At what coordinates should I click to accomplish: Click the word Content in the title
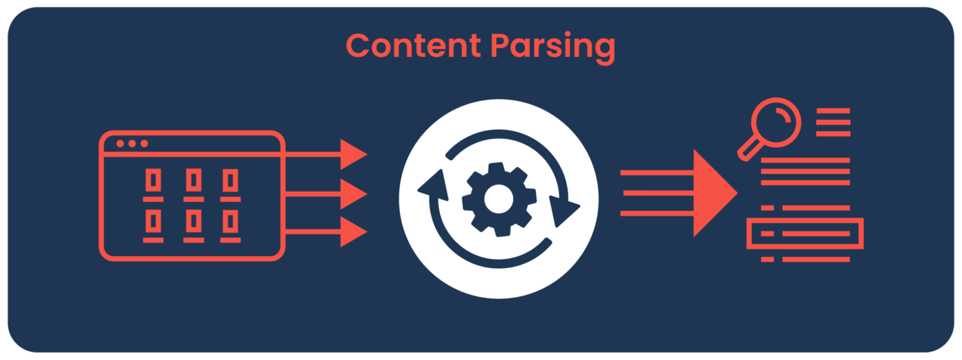click(413, 46)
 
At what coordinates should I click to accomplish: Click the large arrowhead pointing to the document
click(714, 193)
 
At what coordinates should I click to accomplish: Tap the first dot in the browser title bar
click(120, 144)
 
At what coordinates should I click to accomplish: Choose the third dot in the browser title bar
click(144, 144)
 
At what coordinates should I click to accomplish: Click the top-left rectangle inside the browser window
click(153, 181)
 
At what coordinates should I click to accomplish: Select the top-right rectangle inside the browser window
click(230, 181)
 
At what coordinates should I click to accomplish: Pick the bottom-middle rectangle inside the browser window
click(192, 221)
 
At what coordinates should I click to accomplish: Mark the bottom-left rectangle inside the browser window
click(153, 221)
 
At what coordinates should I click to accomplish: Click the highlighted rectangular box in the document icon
click(805, 234)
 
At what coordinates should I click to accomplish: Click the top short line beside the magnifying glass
click(833, 111)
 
